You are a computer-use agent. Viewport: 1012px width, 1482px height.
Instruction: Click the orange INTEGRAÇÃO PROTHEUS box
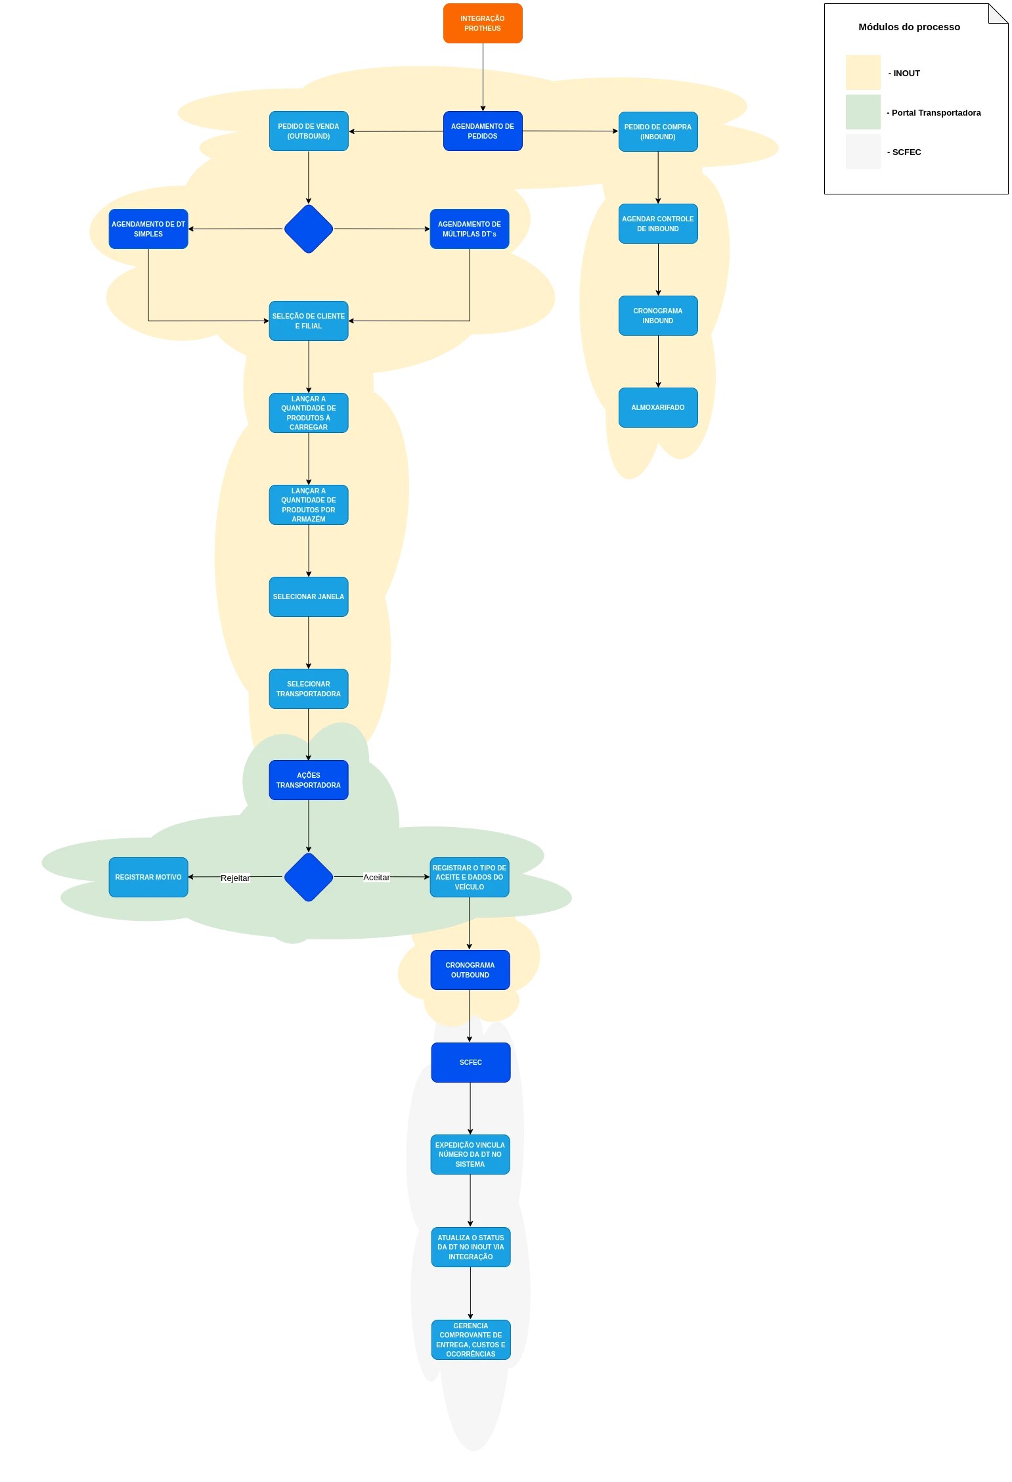(483, 24)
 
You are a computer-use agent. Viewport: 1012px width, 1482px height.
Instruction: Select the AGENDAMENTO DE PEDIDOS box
(483, 131)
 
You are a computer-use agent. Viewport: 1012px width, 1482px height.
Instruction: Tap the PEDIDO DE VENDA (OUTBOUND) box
(309, 131)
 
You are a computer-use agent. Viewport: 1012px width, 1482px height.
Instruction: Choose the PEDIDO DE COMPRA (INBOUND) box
(658, 132)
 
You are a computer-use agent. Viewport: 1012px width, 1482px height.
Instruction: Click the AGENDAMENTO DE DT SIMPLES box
(148, 229)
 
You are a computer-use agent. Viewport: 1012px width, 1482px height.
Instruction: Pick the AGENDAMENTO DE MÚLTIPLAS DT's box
(470, 229)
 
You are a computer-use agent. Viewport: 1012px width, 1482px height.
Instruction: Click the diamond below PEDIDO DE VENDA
(309, 229)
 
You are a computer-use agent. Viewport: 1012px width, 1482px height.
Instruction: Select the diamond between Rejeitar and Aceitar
(309, 877)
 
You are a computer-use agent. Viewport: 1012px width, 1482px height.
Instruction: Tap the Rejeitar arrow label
(235, 878)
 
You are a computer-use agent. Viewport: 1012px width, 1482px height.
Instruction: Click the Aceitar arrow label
(376, 877)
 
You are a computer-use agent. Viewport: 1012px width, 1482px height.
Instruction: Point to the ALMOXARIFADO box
(658, 408)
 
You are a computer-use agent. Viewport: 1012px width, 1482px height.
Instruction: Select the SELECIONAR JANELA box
(309, 597)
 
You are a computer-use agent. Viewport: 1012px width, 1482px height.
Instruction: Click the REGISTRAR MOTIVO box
(148, 878)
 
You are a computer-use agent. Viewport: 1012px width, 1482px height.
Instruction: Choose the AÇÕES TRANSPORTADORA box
(309, 780)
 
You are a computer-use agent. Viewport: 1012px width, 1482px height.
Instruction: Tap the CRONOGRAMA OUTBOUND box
(470, 970)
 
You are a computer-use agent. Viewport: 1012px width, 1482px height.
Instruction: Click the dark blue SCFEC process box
(471, 1063)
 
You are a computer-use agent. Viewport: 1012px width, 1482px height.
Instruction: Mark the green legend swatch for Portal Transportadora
(863, 112)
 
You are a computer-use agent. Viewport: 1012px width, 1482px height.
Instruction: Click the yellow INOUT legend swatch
(863, 73)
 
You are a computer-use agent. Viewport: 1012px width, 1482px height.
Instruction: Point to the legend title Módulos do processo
(910, 27)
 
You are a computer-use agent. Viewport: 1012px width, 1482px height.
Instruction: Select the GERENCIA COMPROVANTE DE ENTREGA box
(471, 1340)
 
